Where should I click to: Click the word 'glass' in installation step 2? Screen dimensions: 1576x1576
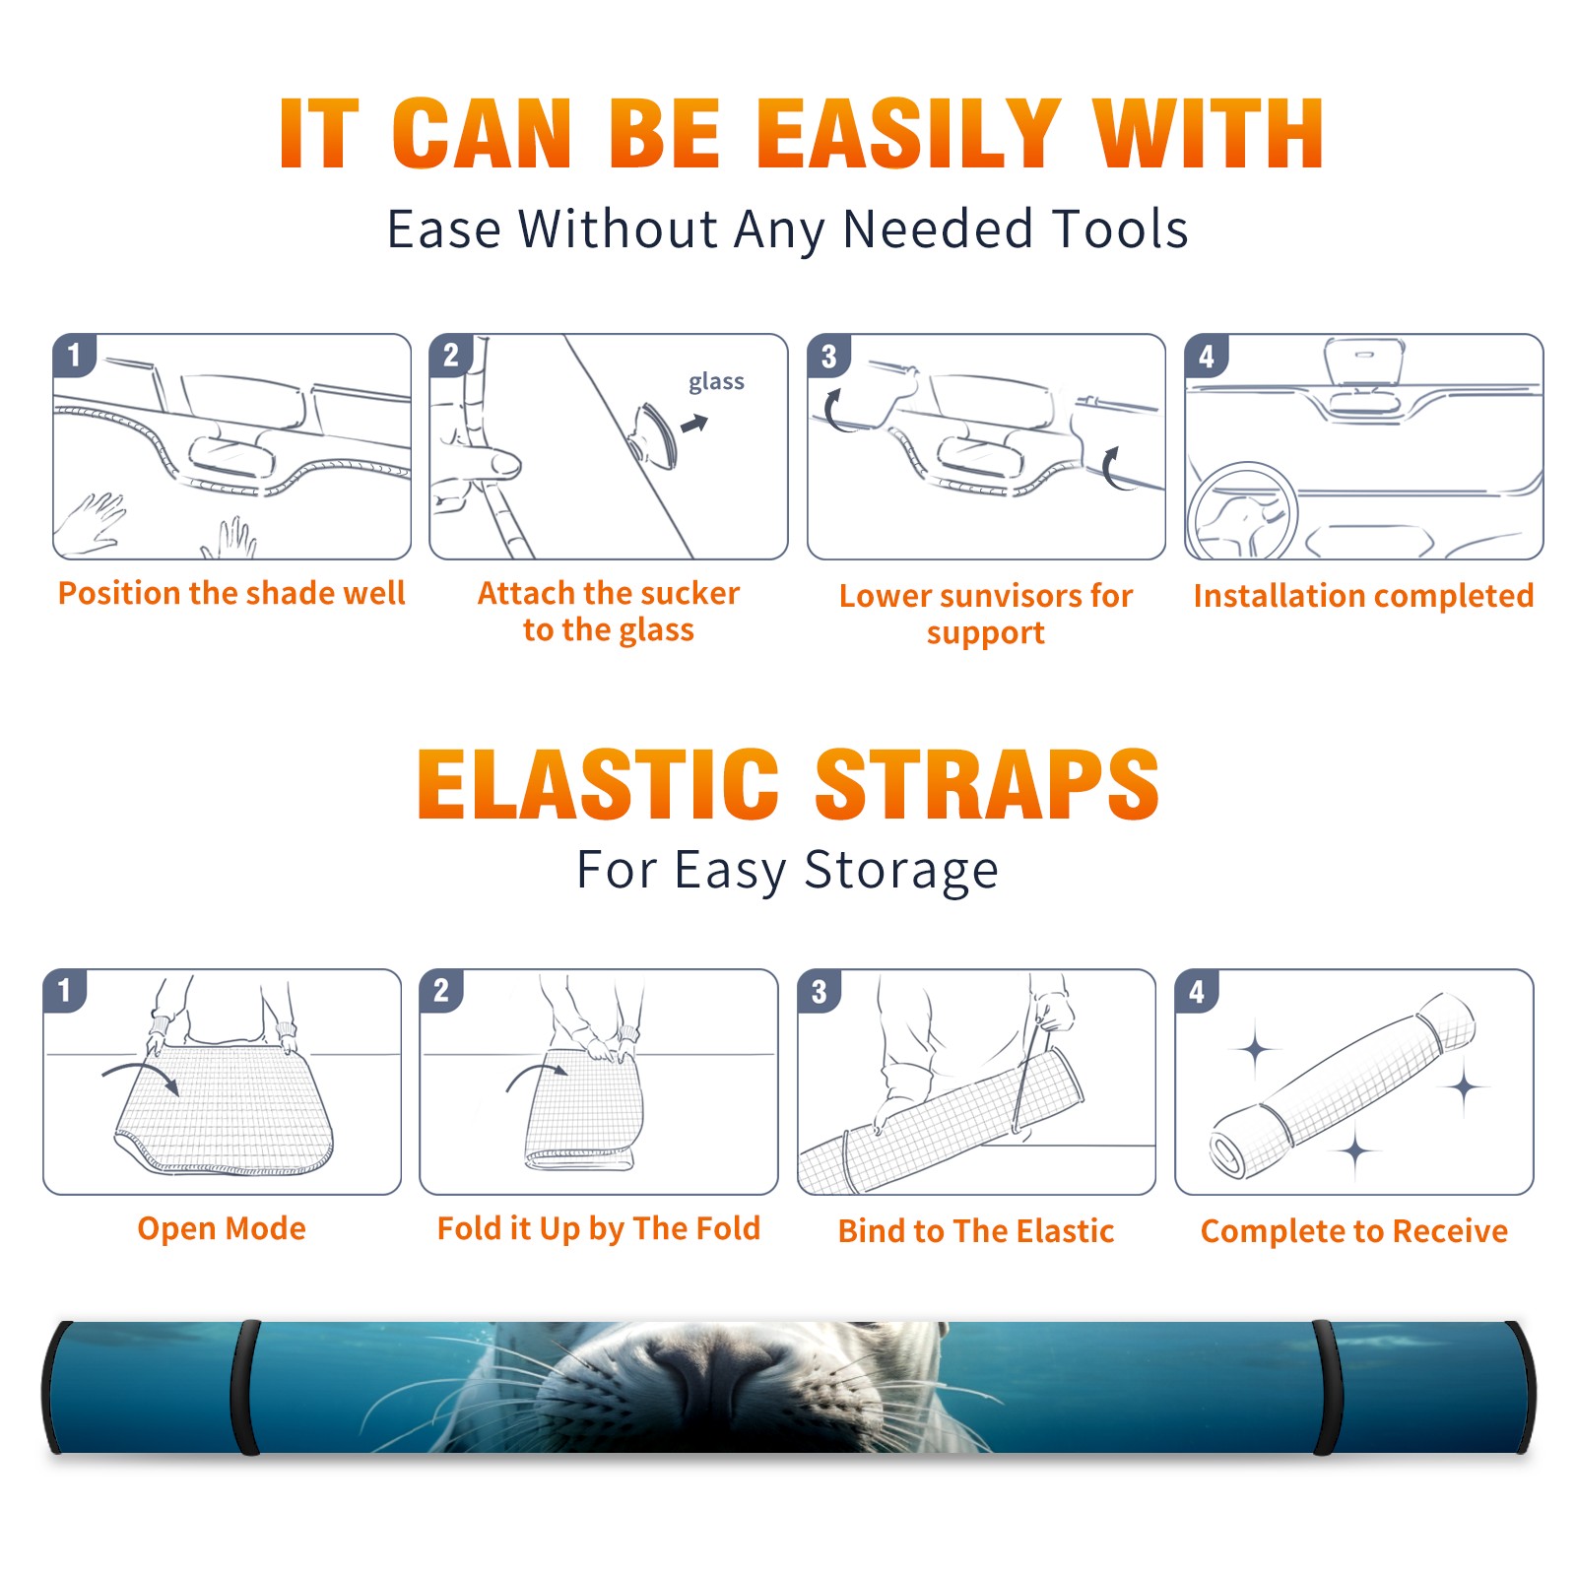pyautogui.click(x=716, y=382)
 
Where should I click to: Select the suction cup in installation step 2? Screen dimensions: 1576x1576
pyautogui.click(x=656, y=435)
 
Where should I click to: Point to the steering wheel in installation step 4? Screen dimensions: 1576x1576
pyautogui.click(x=1242, y=511)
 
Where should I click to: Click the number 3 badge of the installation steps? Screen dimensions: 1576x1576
pyautogui.click(x=829, y=356)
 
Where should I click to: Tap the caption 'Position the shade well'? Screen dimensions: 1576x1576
pyautogui.click(x=231, y=593)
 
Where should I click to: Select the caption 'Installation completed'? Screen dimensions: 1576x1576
pyautogui.click(x=1363, y=596)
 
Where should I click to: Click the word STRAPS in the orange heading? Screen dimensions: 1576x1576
pyautogui.click(x=987, y=784)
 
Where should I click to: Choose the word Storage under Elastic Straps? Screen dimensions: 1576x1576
pyautogui.click(x=901, y=871)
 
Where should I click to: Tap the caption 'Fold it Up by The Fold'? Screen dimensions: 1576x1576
pyautogui.click(x=599, y=1229)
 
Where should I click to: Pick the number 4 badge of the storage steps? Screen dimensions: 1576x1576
pyautogui.click(x=1197, y=991)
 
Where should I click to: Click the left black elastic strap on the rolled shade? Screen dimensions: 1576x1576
pyautogui.click(x=245, y=1387)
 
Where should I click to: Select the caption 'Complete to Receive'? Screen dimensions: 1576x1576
pyautogui.click(x=1354, y=1231)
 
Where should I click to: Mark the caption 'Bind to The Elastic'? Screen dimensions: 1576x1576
pyautogui.click(x=976, y=1231)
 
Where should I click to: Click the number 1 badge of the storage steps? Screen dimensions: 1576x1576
pyautogui.click(x=65, y=991)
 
